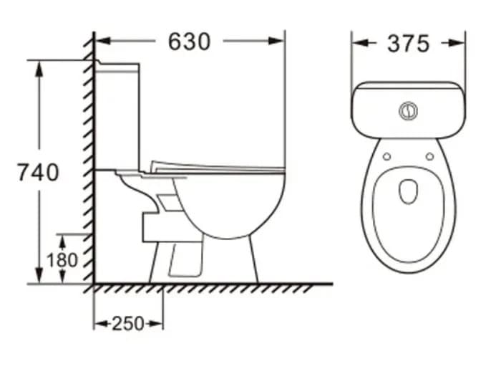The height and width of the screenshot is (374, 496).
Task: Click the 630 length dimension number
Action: coord(189,42)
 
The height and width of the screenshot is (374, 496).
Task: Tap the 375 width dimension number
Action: coord(408,44)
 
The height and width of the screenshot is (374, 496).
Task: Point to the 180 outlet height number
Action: coord(62,259)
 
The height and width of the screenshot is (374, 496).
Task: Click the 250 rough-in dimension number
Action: coord(128,324)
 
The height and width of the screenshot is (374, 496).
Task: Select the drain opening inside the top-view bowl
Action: coord(408,190)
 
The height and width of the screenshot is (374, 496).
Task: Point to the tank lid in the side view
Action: coord(118,65)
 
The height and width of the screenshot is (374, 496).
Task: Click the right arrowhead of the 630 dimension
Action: coord(278,41)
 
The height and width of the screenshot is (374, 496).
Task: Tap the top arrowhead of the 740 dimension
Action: coord(39,67)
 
